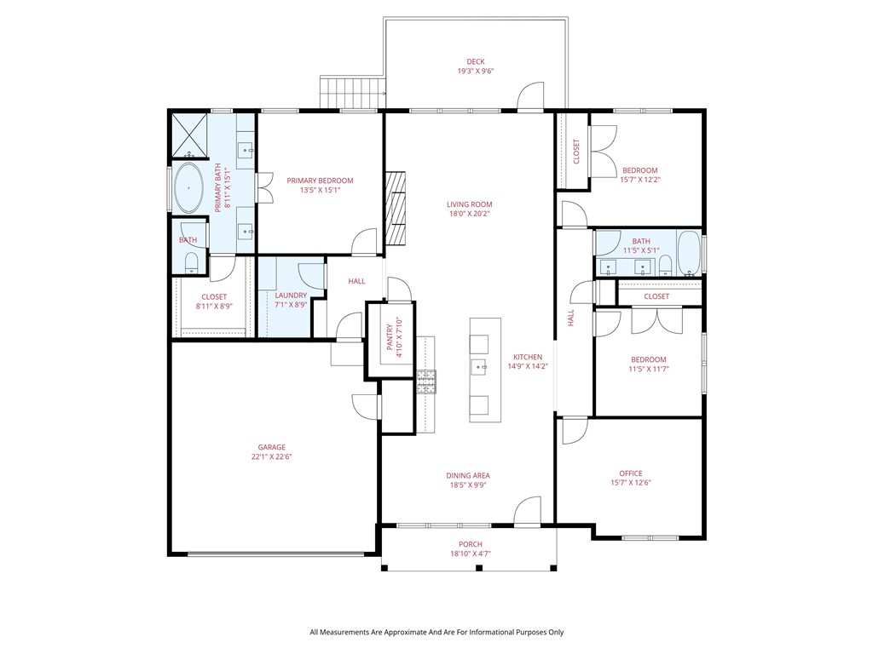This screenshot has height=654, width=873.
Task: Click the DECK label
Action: click(x=476, y=61)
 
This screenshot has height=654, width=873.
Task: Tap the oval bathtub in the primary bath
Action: click(x=188, y=188)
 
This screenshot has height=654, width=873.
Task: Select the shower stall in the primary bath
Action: click(x=189, y=135)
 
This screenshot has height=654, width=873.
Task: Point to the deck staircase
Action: click(x=352, y=92)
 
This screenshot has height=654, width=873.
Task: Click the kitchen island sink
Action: click(x=479, y=366)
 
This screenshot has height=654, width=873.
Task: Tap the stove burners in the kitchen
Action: click(x=427, y=382)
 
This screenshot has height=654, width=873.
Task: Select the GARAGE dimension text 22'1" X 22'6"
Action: click(x=272, y=457)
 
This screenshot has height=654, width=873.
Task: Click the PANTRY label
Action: click(x=390, y=337)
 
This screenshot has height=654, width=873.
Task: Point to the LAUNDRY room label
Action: click(x=291, y=295)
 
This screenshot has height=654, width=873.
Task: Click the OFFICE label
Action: click(x=631, y=473)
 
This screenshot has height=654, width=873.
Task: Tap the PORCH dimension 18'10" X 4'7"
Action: click(x=471, y=554)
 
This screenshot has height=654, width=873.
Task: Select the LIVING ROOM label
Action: click(x=470, y=204)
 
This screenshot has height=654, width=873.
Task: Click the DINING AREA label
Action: click(x=468, y=475)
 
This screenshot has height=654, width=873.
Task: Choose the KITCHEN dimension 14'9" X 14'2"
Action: click(x=528, y=366)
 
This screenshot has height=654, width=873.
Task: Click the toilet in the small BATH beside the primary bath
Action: click(x=190, y=262)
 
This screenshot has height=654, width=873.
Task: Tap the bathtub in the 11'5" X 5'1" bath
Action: click(x=689, y=253)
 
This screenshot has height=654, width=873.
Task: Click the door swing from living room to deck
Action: click(x=530, y=95)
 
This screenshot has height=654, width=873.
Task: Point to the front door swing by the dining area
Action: click(x=527, y=510)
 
